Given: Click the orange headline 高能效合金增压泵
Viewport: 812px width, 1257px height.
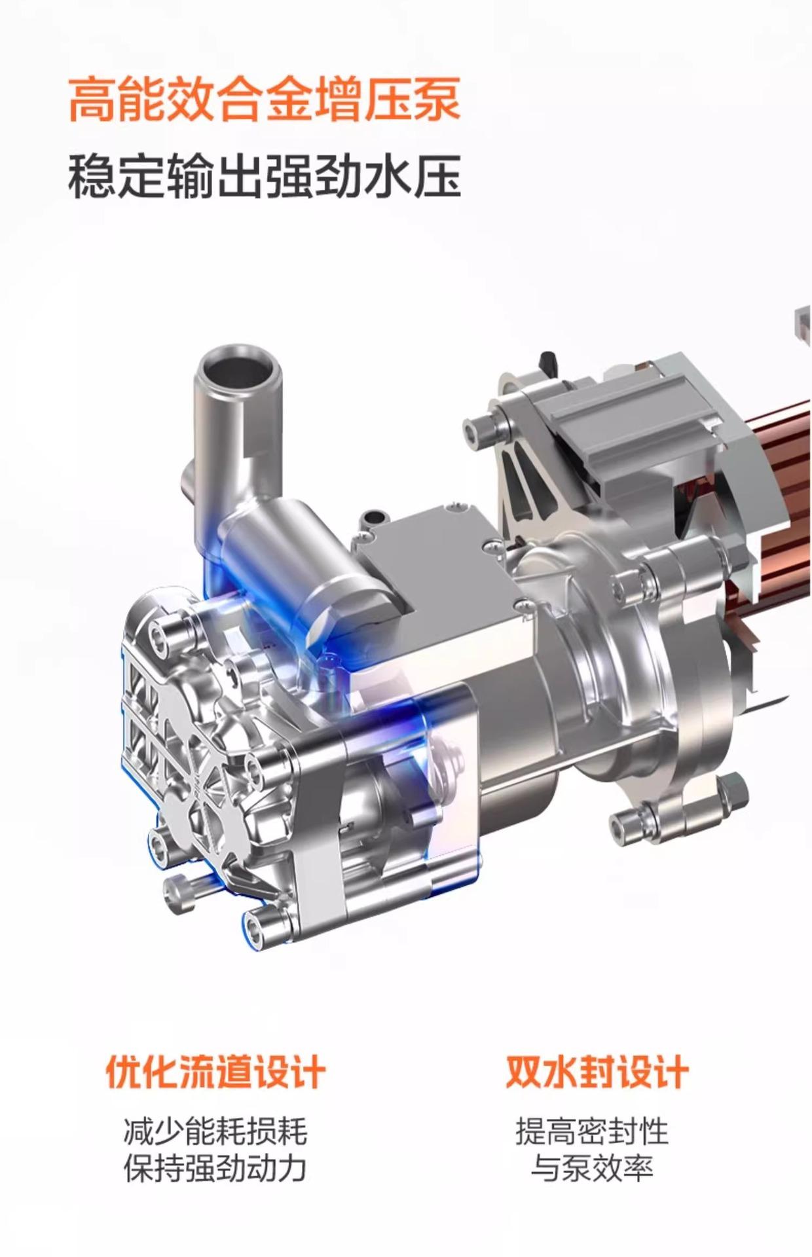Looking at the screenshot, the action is (264, 100).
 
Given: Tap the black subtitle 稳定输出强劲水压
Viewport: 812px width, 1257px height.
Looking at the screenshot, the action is (264, 175).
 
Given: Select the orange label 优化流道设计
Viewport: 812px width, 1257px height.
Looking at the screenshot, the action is (215, 1072).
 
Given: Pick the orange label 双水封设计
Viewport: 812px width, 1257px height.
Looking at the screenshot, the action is (597, 1072).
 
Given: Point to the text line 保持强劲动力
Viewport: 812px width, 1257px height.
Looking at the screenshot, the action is (215, 1169).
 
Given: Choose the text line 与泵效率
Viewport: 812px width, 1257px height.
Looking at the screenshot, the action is (592, 1169).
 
